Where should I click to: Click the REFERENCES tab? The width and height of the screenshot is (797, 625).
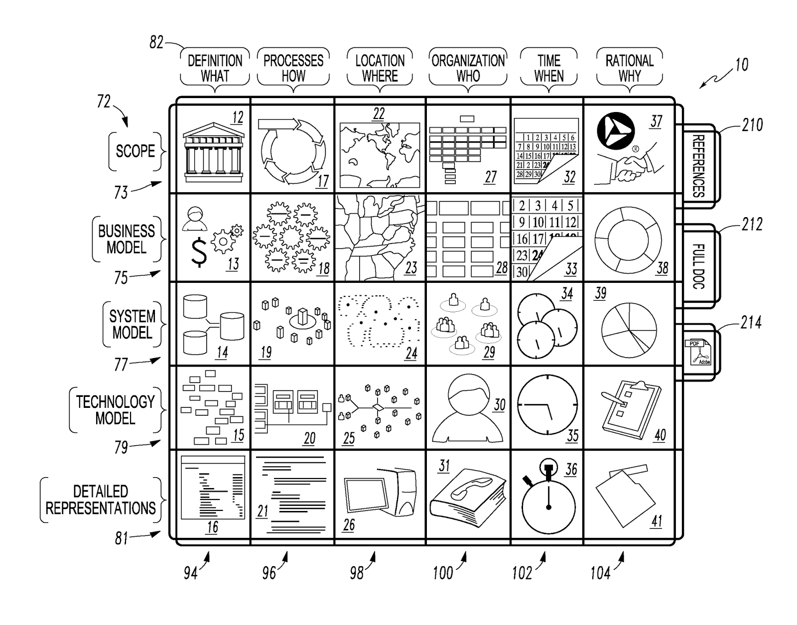[698, 165]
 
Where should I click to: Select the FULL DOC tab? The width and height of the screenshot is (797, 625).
[698, 266]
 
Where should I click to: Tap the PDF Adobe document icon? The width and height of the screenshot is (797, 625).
[700, 352]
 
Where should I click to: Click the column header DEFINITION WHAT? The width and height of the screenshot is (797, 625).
[215, 68]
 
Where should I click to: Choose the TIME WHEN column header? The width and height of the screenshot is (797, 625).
[548, 68]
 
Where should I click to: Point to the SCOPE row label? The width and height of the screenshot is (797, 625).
[135, 151]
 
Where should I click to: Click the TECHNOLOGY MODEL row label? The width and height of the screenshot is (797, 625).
[115, 410]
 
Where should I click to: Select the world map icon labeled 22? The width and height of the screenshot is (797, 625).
[379, 154]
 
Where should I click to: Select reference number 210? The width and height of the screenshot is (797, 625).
[752, 125]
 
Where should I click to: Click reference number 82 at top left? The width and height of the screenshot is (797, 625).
[156, 43]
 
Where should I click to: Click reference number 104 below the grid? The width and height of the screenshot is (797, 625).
[600, 573]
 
